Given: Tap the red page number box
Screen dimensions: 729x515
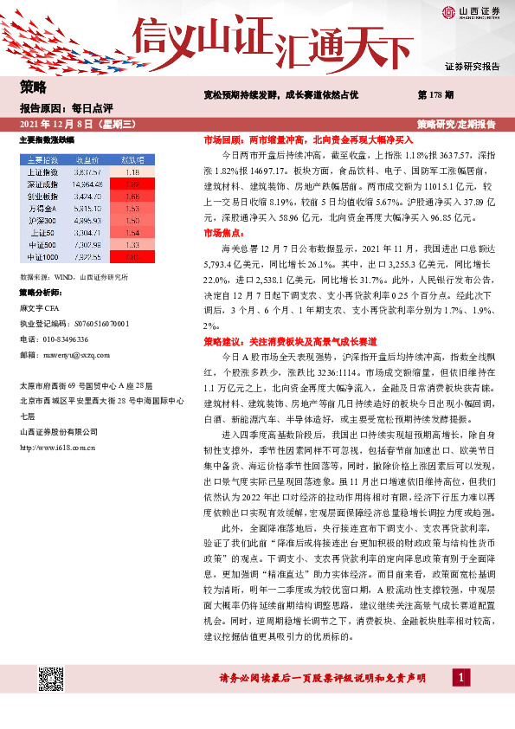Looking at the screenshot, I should tap(464, 700).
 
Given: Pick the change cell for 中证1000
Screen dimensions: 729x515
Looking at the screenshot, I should tap(132, 257).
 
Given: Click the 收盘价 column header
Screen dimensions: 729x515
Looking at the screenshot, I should tap(88, 160).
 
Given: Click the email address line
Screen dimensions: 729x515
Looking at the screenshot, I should tap(54, 354).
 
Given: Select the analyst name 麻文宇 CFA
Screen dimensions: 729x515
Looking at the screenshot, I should tap(39, 307).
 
